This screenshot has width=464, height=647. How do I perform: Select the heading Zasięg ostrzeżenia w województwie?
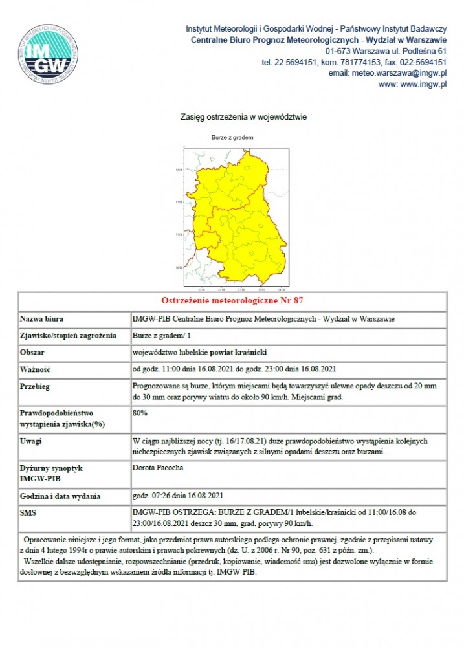point(243,117)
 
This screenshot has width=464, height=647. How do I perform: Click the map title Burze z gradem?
point(232,138)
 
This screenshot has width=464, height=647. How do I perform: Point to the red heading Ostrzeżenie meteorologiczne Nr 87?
point(232,301)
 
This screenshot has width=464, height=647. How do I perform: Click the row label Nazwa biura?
point(42,319)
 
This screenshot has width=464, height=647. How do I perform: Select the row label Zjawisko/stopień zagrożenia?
point(69,336)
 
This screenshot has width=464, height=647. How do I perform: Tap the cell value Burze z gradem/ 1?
point(162,336)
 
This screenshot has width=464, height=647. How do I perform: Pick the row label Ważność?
point(36,369)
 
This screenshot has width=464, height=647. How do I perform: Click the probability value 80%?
point(140,412)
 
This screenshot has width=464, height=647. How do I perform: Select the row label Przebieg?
point(36,386)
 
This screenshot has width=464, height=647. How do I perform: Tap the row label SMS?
point(29,512)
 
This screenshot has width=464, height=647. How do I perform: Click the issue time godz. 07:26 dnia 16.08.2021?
point(177,496)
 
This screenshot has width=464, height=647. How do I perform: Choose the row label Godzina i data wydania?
point(61,496)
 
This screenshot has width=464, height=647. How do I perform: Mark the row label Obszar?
point(34,353)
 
